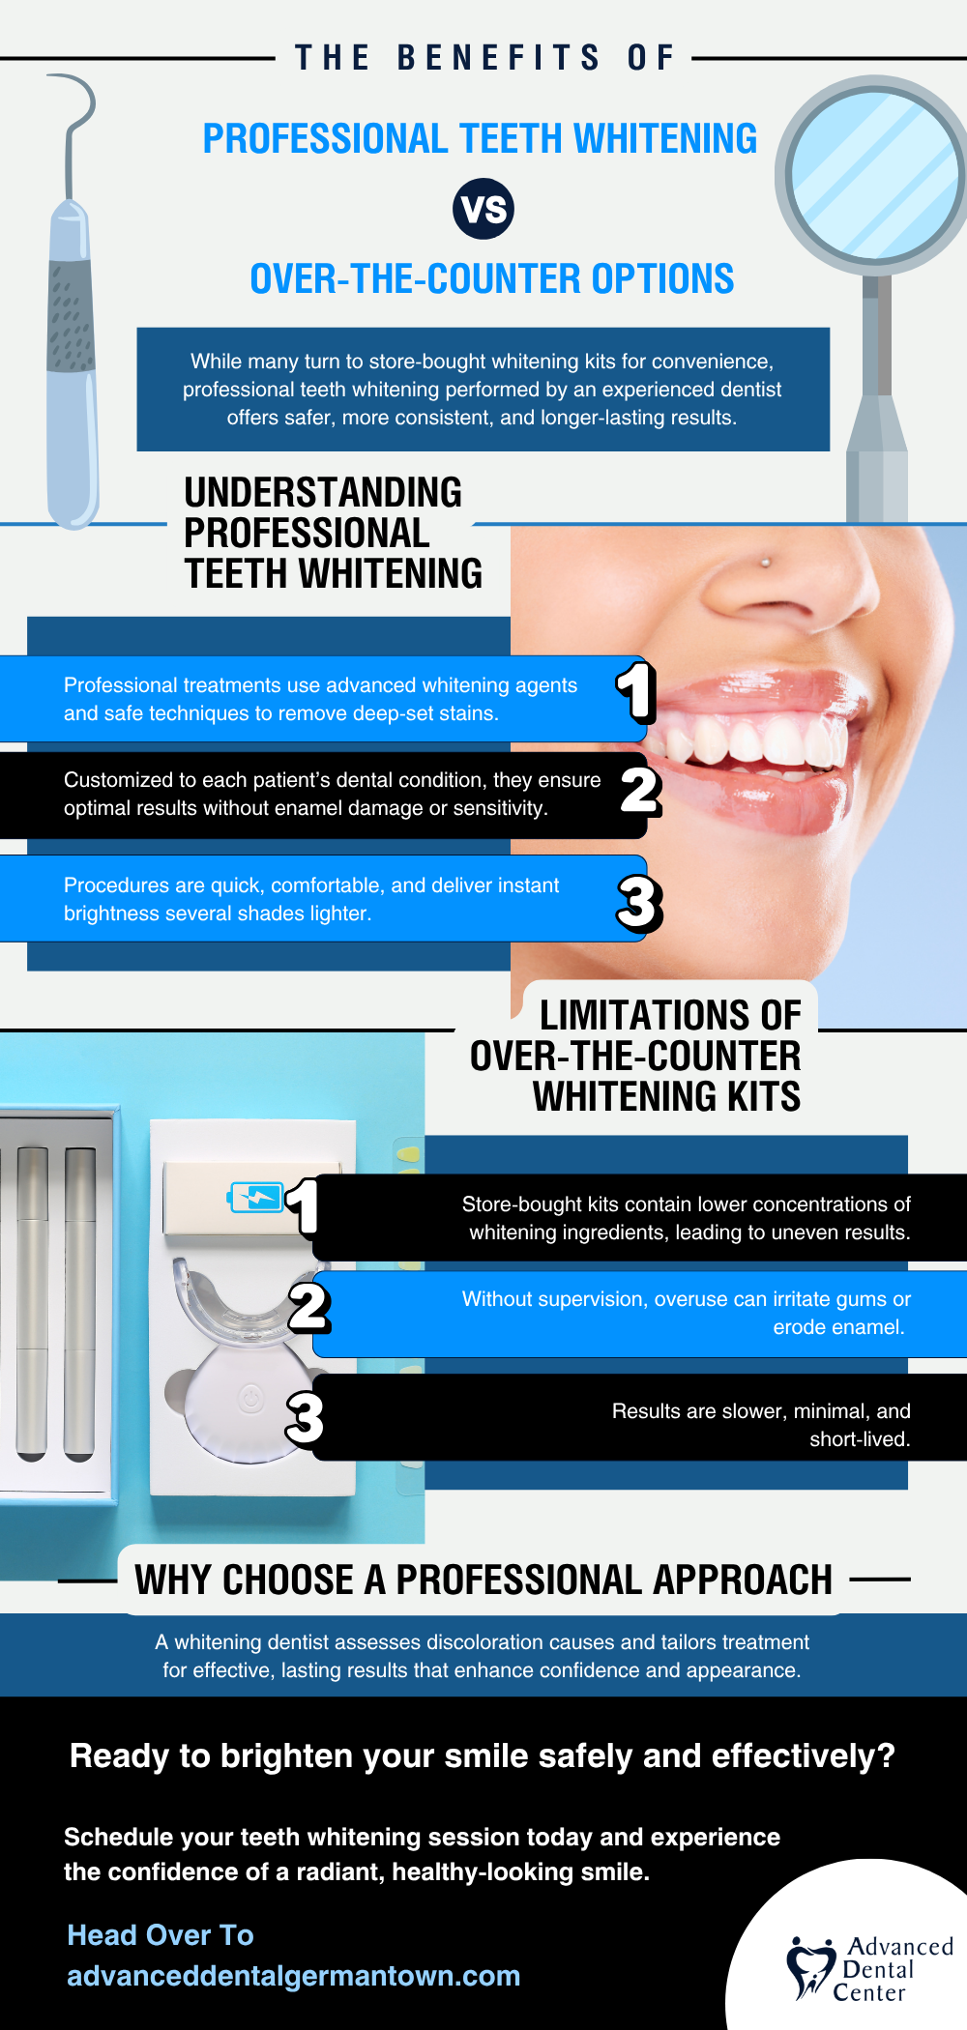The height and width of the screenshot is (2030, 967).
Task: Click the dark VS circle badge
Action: pyautogui.click(x=483, y=209)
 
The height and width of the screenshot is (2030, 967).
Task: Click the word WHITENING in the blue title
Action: pyautogui.click(x=665, y=139)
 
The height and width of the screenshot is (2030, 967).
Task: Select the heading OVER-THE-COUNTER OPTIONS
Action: pyautogui.click(x=491, y=279)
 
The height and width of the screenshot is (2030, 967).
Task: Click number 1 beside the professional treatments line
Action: pyautogui.click(x=636, y=692)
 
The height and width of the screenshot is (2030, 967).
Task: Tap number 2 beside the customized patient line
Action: pyautogui.click(x=639, y=791)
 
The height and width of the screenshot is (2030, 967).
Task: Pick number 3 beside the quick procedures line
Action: pyautogui.click(x=639, y=903)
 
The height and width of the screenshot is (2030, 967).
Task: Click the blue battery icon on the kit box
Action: pyautogui.click(x=255, y=1198)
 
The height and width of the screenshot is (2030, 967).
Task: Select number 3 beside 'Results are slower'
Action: pyautogui.click(x=305, y=1418)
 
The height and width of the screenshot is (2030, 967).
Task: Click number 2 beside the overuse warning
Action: pyautogui.click(x=309, y=1307)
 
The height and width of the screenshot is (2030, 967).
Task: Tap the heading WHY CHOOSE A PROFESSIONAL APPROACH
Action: pyautogui.click(x=483, y=1580)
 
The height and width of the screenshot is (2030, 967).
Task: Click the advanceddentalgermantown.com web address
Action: pyautogui.click(x=293, y=1976)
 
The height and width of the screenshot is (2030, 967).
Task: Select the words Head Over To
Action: pyautogui.click(x=161, y=1935)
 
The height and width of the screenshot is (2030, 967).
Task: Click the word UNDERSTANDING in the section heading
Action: pyautogui.click(x=323, y=493)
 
